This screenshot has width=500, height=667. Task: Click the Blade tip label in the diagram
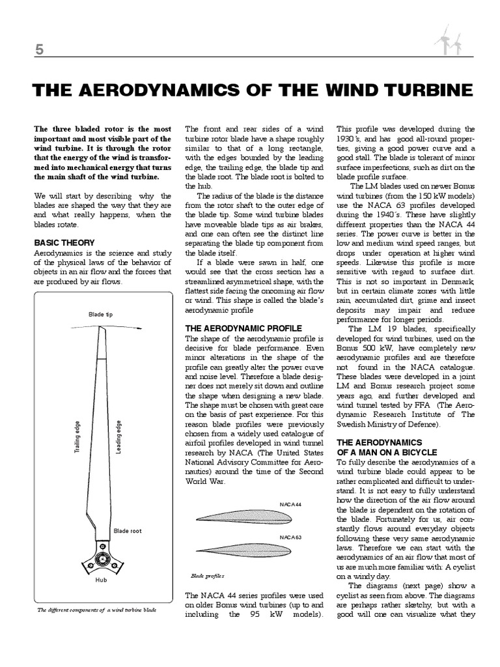point(101,315)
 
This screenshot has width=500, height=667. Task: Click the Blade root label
point(128,531)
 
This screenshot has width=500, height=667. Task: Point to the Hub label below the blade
point(101,579)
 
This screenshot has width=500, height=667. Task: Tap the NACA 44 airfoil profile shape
point(247,517)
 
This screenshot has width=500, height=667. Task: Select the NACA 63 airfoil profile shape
point(247,548)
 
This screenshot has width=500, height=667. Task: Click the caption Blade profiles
point(207,576)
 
